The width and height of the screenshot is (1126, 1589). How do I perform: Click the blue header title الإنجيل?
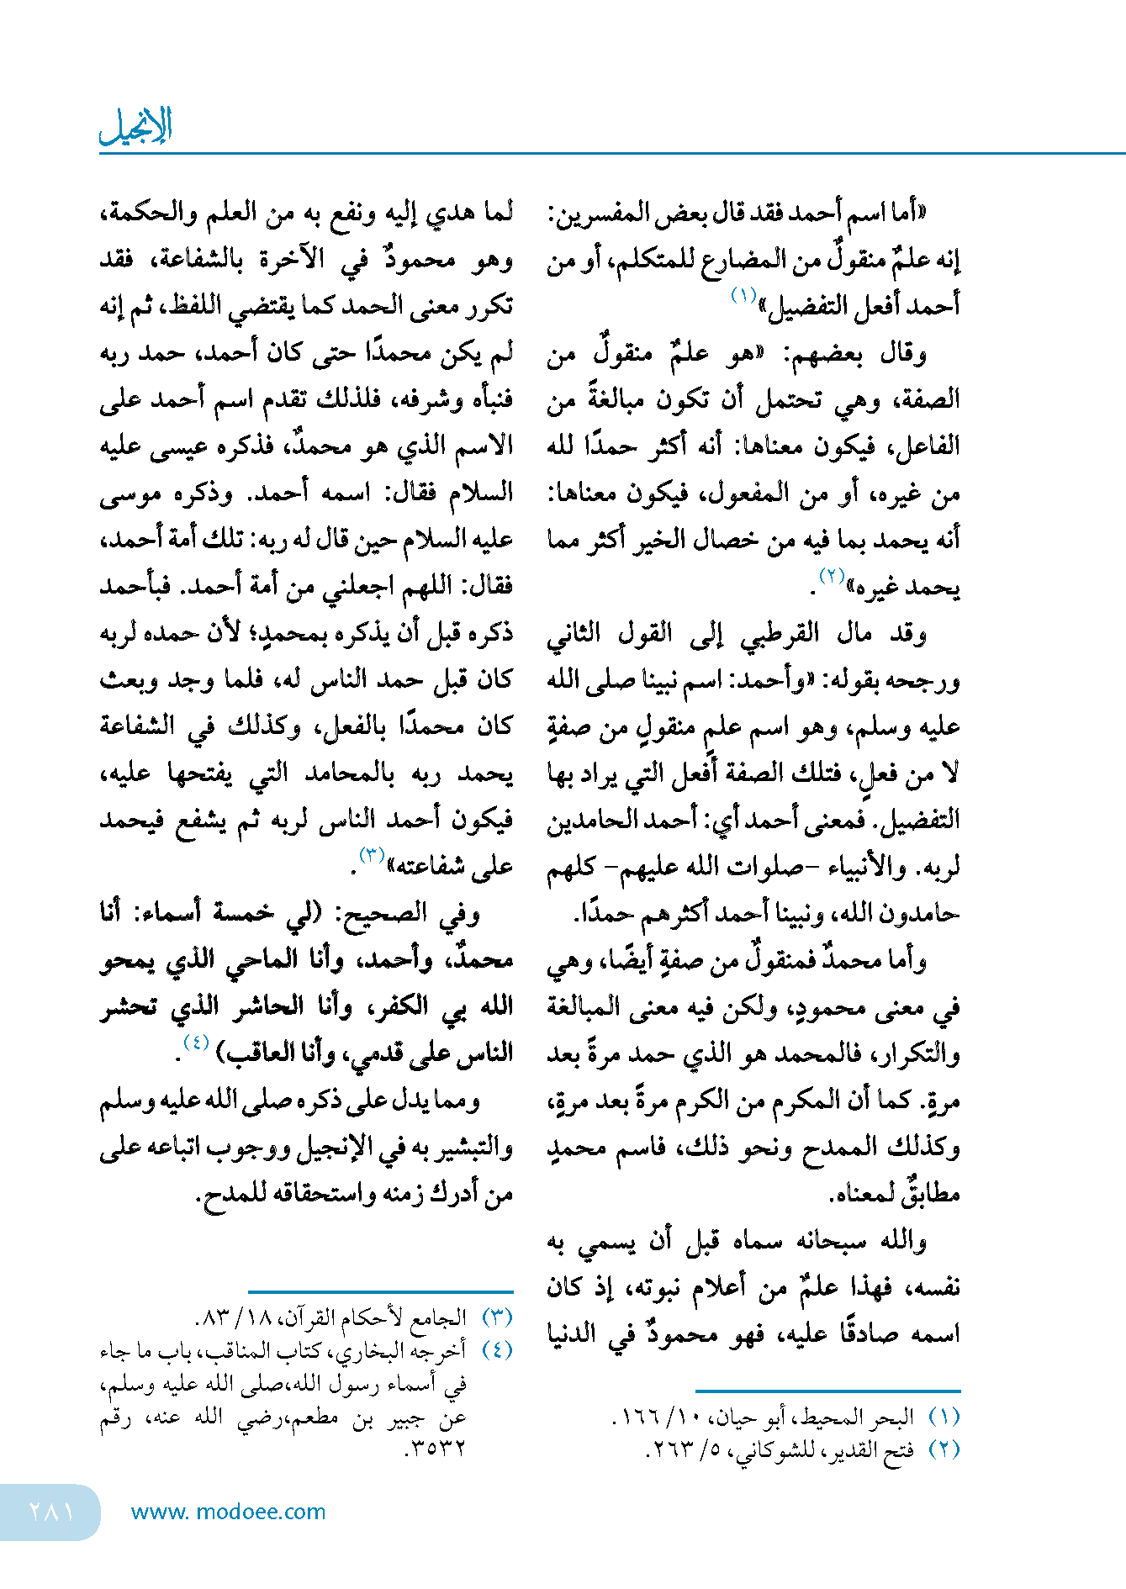(136, 126)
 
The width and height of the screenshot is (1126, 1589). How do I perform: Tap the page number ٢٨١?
(51, 1511)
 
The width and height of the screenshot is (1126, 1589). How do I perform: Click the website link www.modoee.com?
(228, 1512)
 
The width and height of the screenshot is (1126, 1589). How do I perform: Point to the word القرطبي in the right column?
(779, 633)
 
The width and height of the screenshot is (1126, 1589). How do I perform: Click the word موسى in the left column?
(130, 494)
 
